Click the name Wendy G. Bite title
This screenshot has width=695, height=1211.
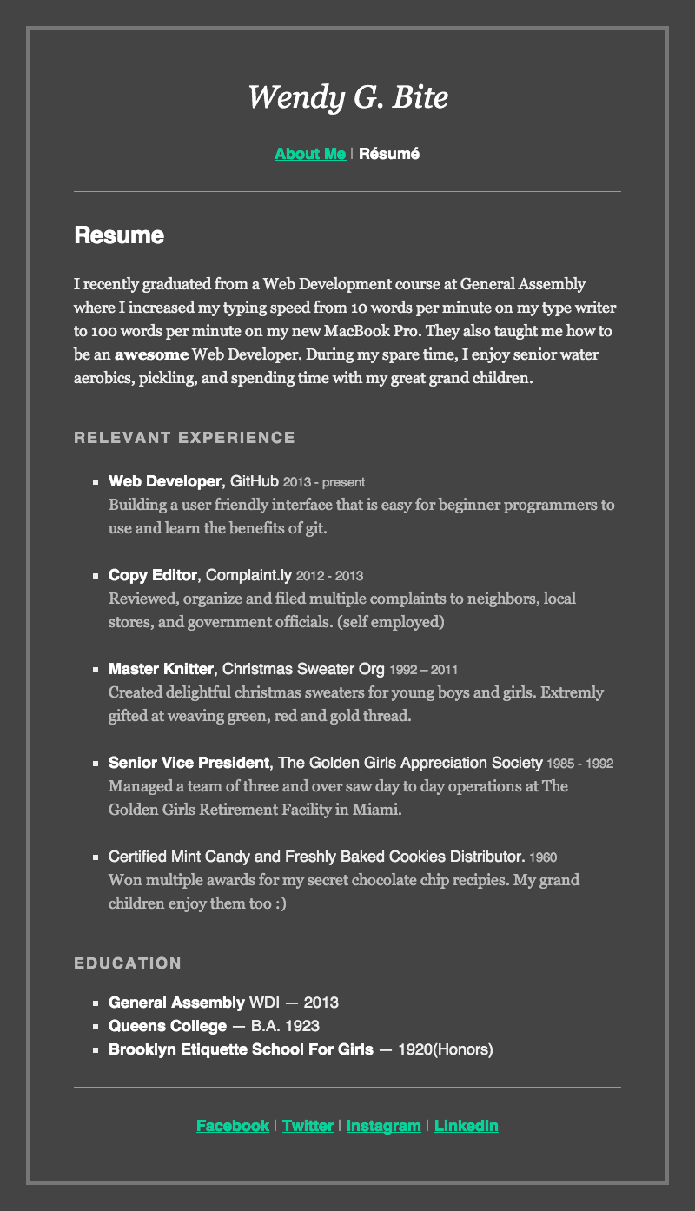coord(347,97)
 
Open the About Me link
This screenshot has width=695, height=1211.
coord(310,154)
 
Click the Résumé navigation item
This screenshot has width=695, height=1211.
coord(389,154)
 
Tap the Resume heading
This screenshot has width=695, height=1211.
coord(119,235)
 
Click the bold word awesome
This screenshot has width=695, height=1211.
coord(151,354)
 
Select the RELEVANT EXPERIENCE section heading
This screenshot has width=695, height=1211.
coord(184,438)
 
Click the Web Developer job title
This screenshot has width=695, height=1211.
coord(165,481)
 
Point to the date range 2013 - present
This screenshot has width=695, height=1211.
coord(324,482)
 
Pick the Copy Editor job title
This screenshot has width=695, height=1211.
coord(153,575)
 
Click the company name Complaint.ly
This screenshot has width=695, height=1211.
coord(248,575)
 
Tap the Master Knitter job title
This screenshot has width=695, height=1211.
coord(161,669)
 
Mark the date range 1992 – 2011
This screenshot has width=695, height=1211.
coord(424,670)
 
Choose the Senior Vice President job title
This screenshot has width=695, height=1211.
coord(189,763)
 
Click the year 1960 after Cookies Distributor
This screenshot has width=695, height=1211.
coord(543,857)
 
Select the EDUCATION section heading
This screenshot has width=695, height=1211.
coord(128,963)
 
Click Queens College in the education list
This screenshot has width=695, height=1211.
coord(168,1026)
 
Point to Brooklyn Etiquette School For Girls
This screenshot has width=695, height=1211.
coord(241,1049)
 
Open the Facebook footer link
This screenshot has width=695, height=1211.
coord(233,1126)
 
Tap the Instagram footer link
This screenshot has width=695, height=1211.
coord(383,1126)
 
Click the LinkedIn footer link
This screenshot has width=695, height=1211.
coord(467,1126)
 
